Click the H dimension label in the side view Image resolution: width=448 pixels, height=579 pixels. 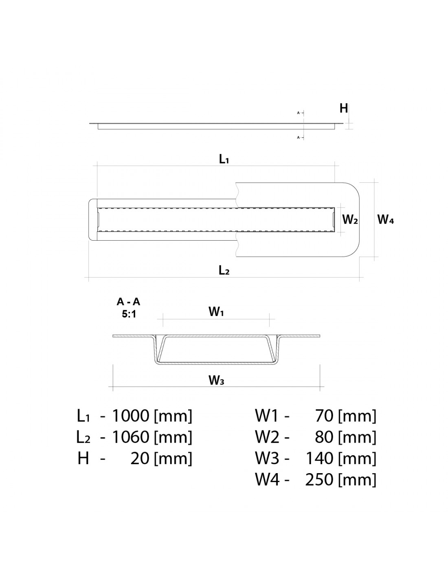point(344,108)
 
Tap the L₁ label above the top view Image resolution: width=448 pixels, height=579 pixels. point(224,159)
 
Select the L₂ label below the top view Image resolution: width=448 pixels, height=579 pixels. point(224,270)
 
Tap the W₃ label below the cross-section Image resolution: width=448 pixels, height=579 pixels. point(216,380)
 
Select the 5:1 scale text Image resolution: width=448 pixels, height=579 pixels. point(129,314)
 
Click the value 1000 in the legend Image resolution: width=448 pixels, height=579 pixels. point(130,416)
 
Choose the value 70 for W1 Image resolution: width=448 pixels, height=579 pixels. point(324,416)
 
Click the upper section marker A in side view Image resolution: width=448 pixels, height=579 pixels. point(298,113)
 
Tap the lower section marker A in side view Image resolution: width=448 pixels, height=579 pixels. point(298,138)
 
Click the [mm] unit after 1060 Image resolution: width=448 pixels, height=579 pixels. point(173,438)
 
